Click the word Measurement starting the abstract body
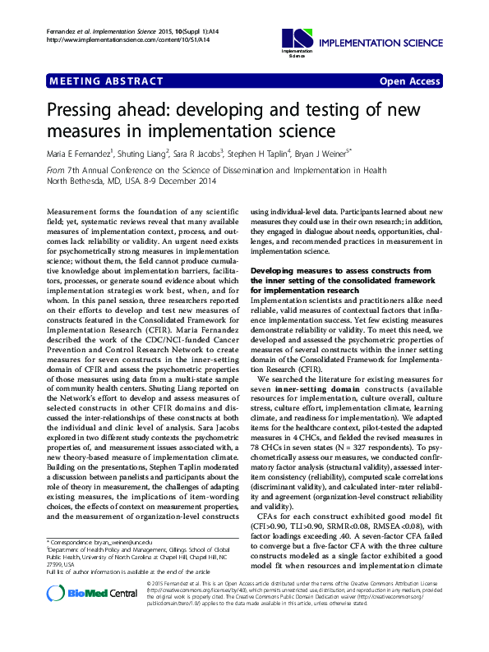click(x=78, y=212)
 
